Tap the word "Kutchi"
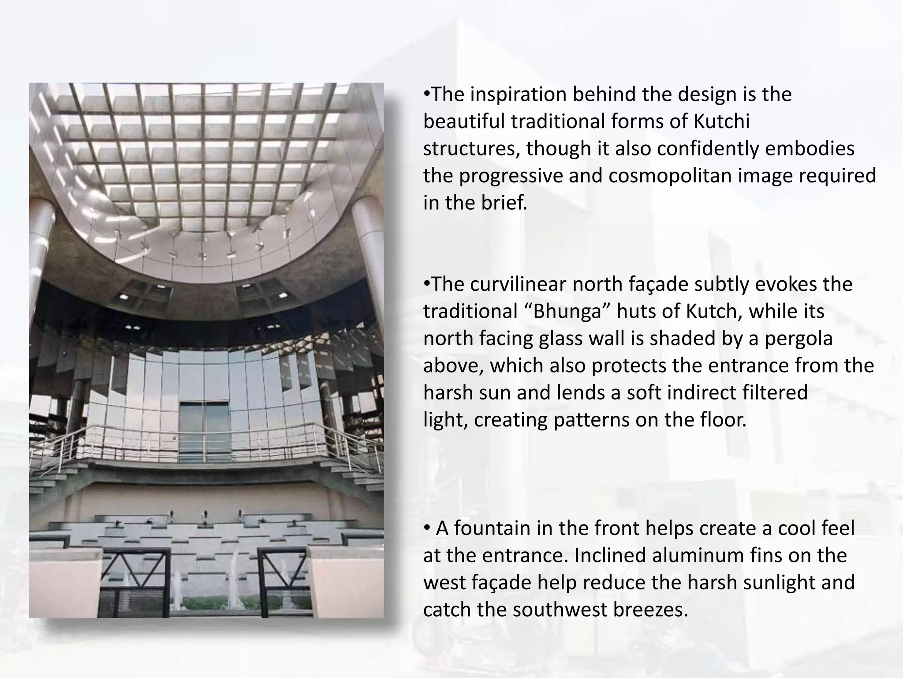[721, 121]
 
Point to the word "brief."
[501, 203]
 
